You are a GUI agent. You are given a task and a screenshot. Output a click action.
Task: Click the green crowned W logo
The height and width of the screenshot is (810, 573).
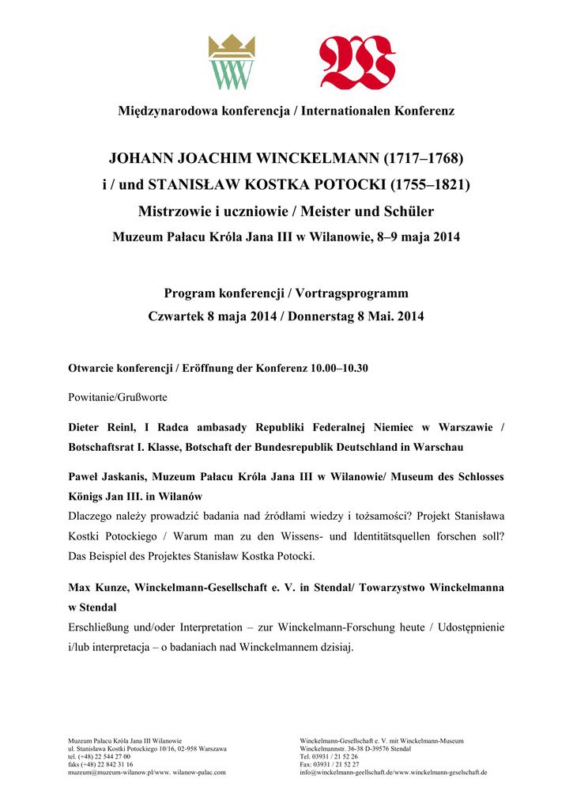coord(231,62)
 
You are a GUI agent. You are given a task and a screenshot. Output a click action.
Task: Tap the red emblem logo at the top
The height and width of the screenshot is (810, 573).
coord(356,63)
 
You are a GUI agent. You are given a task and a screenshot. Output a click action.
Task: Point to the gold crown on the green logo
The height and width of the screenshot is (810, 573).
coord(231,46)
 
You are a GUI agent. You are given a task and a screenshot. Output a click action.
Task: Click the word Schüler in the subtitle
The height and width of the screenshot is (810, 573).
coord(407,212)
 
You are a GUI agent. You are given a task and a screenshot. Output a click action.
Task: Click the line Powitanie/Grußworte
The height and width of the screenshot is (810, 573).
coord(118,397)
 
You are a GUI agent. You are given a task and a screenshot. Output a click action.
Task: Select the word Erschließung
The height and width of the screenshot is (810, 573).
coord(104,627)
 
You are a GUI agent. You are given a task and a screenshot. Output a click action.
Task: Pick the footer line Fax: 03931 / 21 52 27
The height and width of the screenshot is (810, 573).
coord(330,764)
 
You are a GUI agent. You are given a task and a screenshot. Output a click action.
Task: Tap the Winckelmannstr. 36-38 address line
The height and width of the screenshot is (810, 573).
coord(355,748)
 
